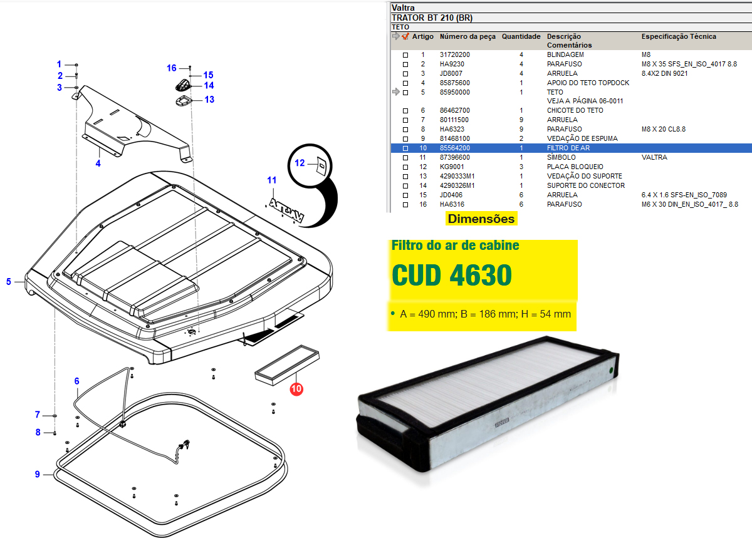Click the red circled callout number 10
coord(296,389)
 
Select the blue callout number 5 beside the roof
coord(9,282)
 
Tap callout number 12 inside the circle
coord(300,163)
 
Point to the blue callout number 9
coord(37,474)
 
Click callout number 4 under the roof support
coord(98,163)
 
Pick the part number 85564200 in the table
coord(455,148)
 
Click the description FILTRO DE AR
coord(568,148)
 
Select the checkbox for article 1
coord(405,55)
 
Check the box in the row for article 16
coord(405,205)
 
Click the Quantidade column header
coord(521,36)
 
